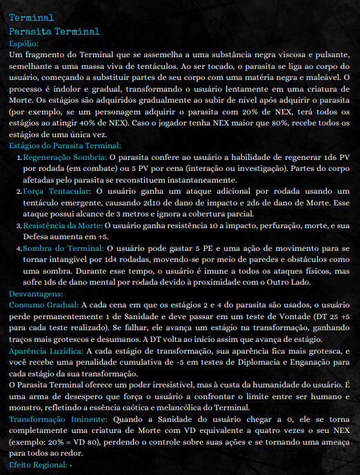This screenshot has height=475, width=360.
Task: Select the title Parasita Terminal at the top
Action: coord(54,31)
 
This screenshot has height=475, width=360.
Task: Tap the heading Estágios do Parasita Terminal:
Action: coord(66,145)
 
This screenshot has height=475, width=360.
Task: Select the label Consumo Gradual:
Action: coord(44,304)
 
